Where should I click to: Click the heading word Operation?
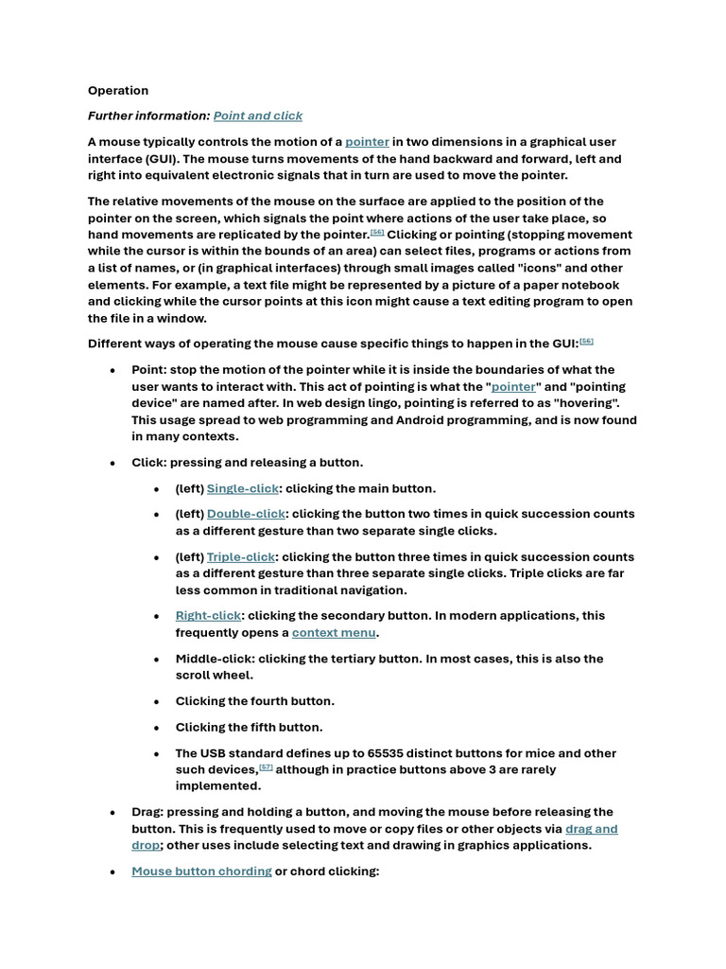(118, 91)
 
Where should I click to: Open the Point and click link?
(258, 115)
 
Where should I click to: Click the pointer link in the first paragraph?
(367, 142)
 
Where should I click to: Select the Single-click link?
(243, 488)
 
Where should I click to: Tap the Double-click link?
(246, 514)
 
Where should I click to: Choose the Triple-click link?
(241, 557)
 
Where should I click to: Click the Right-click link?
(209, 615)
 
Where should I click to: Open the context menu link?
(334, 632)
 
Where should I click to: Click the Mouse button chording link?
(201, 871)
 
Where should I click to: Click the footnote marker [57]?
(266, 767)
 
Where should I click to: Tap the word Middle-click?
(214, 659)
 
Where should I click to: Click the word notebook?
(587, 285)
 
